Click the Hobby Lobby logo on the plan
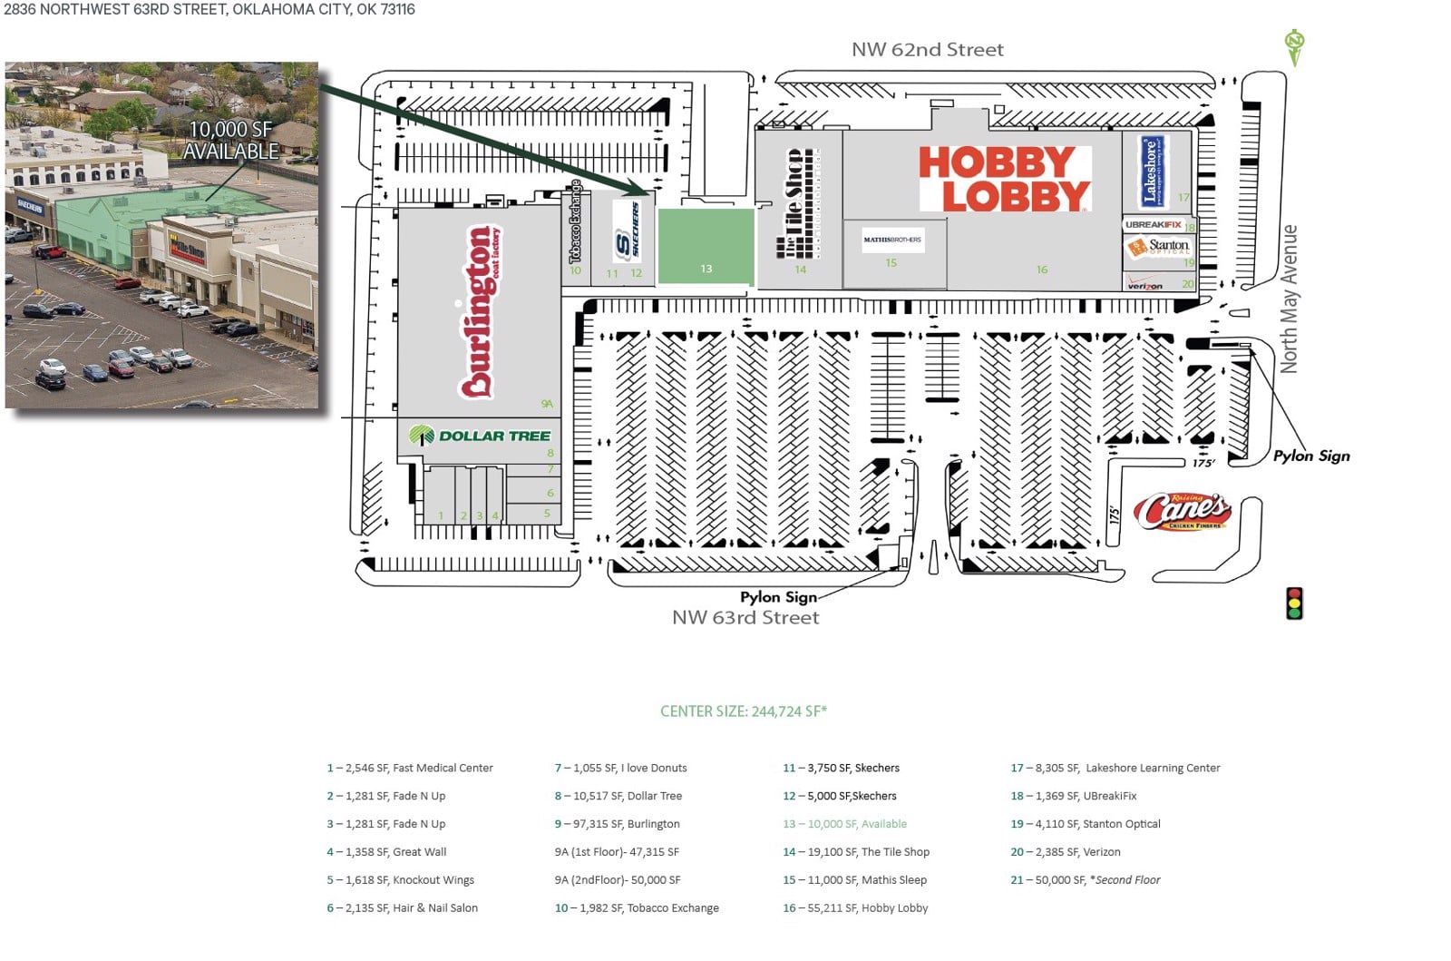1005,179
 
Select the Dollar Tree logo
481,436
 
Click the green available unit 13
706,246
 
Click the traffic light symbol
1294,603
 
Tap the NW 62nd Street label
927,50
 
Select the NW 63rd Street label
745,618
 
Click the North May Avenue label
1289,299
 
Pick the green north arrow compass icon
1294,47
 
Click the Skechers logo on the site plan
627,232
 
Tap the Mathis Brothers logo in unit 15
892,240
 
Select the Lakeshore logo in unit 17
1152,171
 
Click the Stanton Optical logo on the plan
1158,246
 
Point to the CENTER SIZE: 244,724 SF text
744,711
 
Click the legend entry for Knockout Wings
401,880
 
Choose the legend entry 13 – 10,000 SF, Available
844,824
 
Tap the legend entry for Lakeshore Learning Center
1115,768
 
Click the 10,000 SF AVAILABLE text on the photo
230,141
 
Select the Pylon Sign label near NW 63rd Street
778,597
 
